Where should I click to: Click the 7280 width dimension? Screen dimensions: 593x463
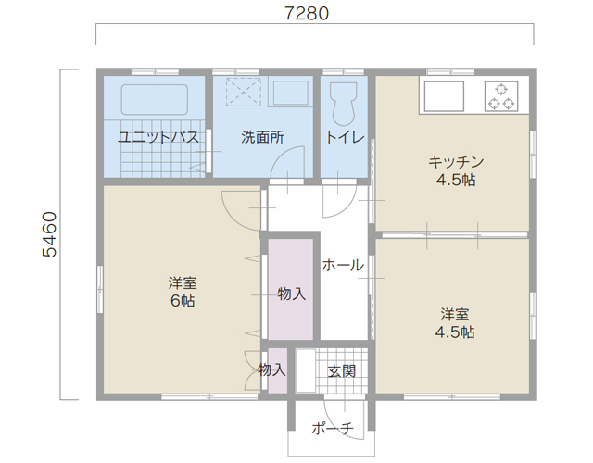point(307,14)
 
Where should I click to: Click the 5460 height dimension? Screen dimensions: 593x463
point(49,234)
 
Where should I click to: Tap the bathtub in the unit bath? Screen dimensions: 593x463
point(155,99)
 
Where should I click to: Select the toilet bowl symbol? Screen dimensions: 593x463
point(344,104)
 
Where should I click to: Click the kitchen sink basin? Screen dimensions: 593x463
point(444,96)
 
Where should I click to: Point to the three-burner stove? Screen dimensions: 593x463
point(501,96)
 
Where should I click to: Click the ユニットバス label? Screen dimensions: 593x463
point(158,137)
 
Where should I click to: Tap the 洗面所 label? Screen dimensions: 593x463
point(262,137)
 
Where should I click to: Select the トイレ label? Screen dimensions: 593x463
point(345,137)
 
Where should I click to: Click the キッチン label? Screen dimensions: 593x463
point(456,162)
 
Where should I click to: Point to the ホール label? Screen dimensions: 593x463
point(343,266)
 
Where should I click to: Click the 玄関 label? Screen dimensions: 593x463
point(342,371)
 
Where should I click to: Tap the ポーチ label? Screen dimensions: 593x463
point(333,428)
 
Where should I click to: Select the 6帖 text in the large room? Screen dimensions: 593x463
point(183,301)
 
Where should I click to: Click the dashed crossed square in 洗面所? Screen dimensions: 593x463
point(244,92)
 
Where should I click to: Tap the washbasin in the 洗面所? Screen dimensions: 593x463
point(290,93)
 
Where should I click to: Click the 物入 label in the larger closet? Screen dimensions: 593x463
point(291,294)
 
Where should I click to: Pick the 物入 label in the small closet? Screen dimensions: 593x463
point(271,369)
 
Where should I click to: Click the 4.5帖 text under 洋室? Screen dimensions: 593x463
point(455,332)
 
